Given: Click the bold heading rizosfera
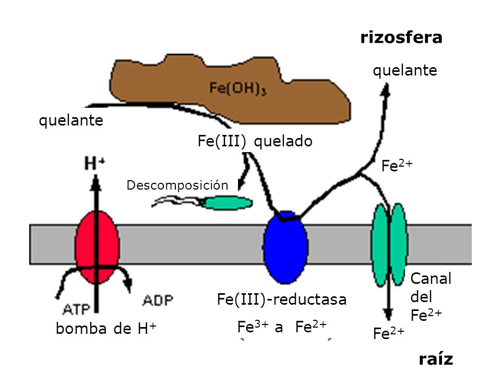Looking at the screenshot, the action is tap(401, 37).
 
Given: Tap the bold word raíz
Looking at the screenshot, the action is tap(436, 359).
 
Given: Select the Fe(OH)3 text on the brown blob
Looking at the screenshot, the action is tap(238, 88).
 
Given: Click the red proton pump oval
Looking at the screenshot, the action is tap(97, 247).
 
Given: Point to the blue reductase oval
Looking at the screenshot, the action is tap(285, 247).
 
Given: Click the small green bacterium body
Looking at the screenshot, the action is tap(228, 203).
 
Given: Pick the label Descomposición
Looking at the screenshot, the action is tap(177, 185).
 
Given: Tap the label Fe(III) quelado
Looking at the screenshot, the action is tap(255, 141).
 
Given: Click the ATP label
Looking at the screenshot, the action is tap(76, 309).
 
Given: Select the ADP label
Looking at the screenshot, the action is tap(158, 300).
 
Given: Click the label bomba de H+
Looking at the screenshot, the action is tap(106, 329).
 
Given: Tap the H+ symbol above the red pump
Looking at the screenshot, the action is tap(94, 163).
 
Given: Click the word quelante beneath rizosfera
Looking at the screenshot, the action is tap(405, 71).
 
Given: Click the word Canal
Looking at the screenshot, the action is tap(431, 279).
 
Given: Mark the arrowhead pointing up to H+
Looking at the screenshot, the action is tap(96, 183).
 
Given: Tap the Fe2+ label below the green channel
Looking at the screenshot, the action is tap(388, 333).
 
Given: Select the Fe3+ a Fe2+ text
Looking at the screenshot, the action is tap(282, 327).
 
